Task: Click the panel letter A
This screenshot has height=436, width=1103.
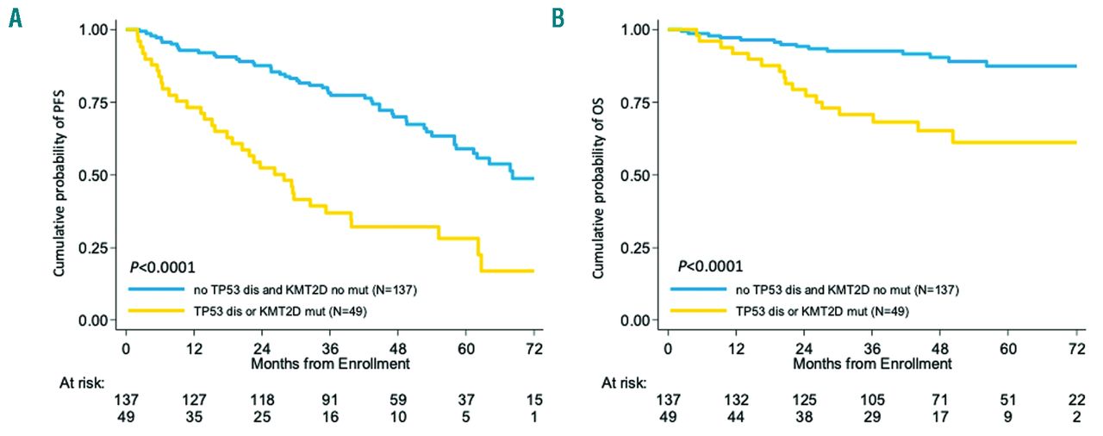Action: click(x=15, y=18)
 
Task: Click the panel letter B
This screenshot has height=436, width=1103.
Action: click(x=558, y=18)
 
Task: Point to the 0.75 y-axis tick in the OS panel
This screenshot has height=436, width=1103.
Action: click(x=639, y=103)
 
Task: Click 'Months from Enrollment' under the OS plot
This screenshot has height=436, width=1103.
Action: click(x=871, y=364)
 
